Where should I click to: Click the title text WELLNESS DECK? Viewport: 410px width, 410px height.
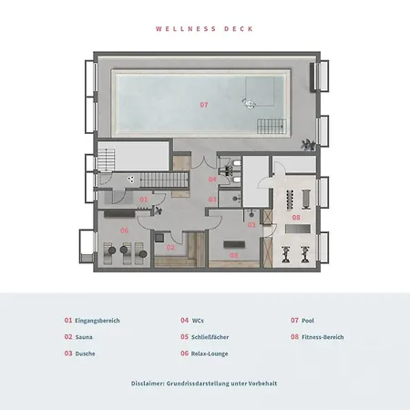coord(204,28)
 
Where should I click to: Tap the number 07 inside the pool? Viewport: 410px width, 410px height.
coord(204,105)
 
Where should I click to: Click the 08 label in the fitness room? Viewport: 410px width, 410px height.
coord(296,217)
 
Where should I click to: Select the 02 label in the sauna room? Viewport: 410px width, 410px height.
coord(169,247)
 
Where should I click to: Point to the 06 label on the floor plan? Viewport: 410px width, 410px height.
coord(124,231)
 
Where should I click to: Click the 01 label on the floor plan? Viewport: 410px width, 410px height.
coord(143,198)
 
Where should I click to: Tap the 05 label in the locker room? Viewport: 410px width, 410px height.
coord(233,256)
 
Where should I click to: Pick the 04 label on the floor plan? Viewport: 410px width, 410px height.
coord(212,179)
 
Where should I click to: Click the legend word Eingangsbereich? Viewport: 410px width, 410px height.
coord(97,321)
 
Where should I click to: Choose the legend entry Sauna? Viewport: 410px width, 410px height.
coord(85,337)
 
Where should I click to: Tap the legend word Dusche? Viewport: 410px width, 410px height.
coord(86,353)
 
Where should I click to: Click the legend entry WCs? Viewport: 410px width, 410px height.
coord(198,321)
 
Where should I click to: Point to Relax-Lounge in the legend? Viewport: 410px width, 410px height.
coord(210,353)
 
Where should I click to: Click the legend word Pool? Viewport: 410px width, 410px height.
coord(307,321)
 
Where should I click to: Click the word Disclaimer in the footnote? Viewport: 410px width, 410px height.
coord(149,384)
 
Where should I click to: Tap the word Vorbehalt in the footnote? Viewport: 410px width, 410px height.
coord(260,384)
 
